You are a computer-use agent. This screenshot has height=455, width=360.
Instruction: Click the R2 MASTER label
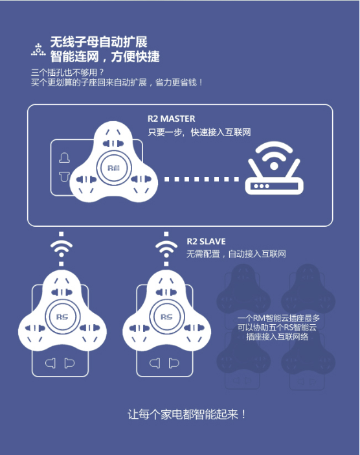point(172,119)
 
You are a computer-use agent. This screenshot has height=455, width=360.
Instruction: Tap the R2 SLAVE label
point(206,241)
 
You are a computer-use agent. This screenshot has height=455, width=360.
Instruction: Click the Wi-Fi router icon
point(274,168)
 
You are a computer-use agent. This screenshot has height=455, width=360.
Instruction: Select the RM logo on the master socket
point(113,168)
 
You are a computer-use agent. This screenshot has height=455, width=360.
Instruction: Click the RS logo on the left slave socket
point(62,317)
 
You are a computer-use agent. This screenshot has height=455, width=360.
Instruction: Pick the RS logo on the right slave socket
point(166,317)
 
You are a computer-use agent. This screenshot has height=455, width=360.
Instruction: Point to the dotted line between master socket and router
point(202,179)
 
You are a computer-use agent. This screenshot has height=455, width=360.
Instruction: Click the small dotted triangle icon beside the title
point(38,50)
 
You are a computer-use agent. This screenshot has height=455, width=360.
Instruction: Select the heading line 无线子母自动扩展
point(99,42)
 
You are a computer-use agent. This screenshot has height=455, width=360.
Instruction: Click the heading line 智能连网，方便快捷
point(105,56)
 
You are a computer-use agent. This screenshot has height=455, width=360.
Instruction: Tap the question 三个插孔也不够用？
point(67,72)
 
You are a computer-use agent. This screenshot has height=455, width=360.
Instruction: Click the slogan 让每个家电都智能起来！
point(187,414)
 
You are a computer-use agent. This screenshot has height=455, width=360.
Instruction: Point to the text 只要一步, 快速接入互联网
point(199,132)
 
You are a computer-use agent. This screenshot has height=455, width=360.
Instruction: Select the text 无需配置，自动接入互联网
point(236,254)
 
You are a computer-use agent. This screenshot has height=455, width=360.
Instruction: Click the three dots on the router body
point(262,186)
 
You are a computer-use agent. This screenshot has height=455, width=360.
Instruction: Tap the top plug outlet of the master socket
point(113,143)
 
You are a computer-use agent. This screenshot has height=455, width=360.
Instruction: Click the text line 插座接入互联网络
point(277,337)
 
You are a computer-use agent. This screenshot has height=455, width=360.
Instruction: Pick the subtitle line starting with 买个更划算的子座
point(117,82)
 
